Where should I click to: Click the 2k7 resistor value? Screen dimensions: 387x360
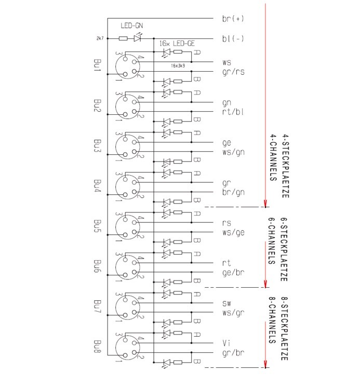(x=100, y=38)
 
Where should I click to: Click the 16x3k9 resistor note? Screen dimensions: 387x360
(x=179, y=66)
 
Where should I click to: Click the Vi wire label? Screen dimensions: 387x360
(x=225, y=343)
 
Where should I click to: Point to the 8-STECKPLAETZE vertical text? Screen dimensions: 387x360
(x=285, y=330)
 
